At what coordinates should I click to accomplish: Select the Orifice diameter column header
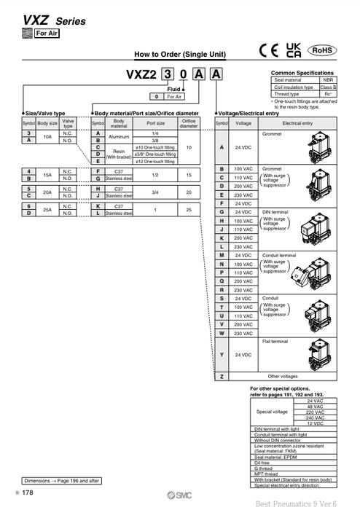click(x=189, y=123)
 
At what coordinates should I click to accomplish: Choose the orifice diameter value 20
click(x=189, y=192)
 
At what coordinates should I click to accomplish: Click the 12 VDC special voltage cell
click(x=316, y=423)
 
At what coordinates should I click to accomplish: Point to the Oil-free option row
click(x=261, y=460)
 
